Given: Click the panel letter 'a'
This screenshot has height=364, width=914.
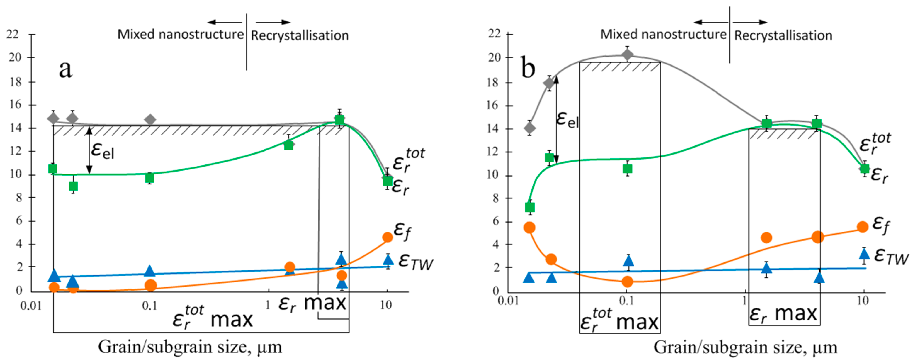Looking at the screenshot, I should [x=66, y=69].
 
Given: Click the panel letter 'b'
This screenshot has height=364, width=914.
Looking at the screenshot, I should [x=528, y=68].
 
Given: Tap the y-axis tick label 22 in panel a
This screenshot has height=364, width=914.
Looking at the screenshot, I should [x=13, y=34].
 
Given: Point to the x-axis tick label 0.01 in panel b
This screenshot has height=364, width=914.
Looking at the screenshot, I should [x=508, y=301].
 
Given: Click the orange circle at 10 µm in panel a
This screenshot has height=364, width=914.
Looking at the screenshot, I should [x=388, y=237].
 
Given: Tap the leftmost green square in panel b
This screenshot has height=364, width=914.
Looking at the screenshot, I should [x=529, y=207].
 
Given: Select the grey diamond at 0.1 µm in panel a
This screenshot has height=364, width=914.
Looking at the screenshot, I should [x=151, y=120].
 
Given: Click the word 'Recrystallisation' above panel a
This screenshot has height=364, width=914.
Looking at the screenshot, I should [x=300, y=35].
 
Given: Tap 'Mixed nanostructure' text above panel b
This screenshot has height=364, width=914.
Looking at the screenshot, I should [x=663, y=34].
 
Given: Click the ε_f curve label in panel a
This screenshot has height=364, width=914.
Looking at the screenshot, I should [x=402, y=230].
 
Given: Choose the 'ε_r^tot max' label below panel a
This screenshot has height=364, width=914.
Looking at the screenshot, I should [x=212, y=317].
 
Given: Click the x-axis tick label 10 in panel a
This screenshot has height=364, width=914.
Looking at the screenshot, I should [x=386, y=305].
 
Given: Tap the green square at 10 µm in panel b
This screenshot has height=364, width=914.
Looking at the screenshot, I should [x=864, y=168].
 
